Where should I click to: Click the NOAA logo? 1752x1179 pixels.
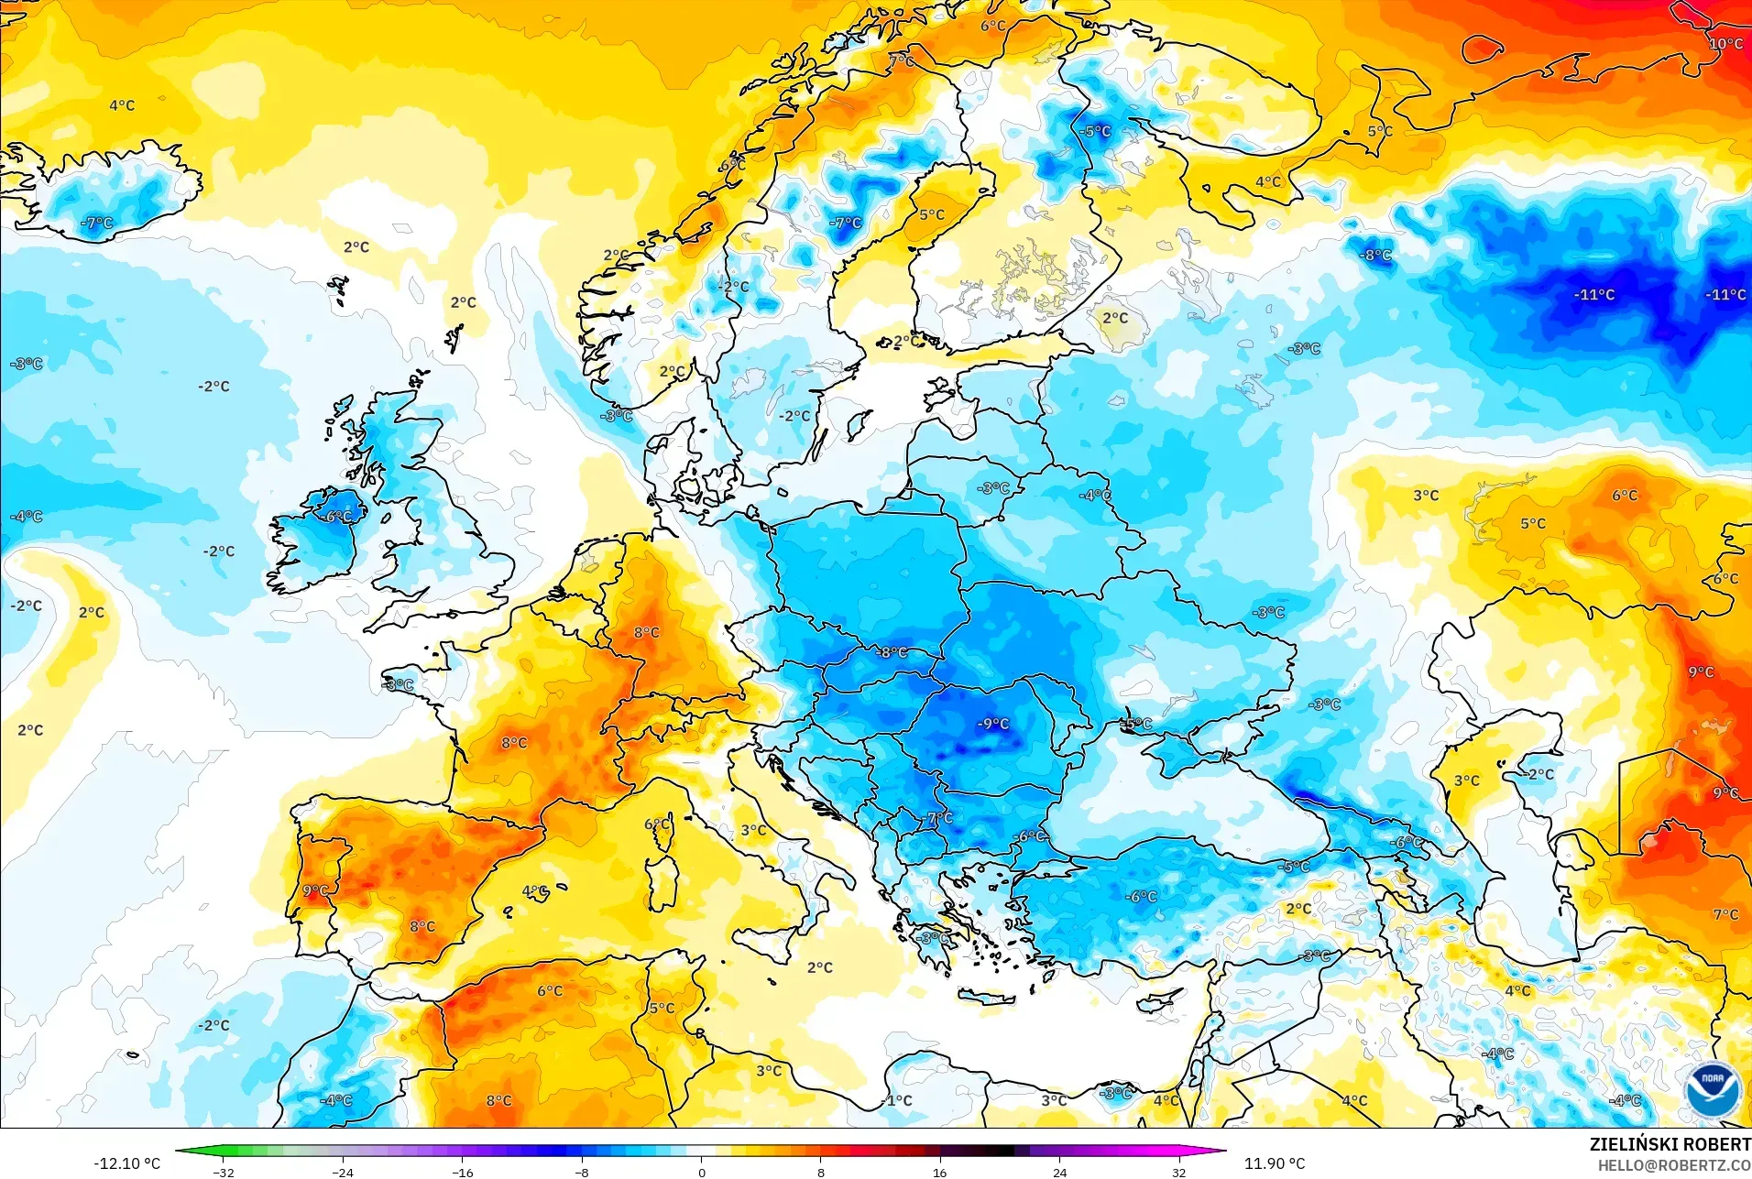pos(1712,1087)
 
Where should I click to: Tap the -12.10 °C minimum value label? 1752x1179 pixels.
pos(126,1163)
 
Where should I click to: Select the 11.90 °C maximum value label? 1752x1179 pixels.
pos(1274,1163)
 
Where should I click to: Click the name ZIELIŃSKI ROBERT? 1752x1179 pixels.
pos(1670,1144)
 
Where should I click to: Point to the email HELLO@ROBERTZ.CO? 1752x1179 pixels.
pos(1674,1165)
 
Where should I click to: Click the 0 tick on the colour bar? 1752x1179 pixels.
pos(701,1173)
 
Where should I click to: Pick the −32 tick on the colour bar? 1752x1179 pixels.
pos(224,1173)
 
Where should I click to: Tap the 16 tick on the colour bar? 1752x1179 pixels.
pos(939,1173)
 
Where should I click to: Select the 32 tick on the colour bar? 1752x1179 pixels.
pos(1178,1173)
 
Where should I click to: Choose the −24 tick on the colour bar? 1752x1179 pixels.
pos(343,1173)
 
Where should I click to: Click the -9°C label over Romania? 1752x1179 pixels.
pos(992,724)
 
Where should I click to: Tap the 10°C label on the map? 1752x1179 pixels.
pos(1725,44)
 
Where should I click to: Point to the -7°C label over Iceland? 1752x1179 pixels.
pos(97,223)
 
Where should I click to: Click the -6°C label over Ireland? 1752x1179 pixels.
pos(336,517)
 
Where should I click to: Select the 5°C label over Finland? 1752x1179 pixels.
pos(932,214)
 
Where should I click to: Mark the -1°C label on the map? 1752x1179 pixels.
pos(898,1100)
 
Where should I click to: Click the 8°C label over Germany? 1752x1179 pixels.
pos(646,632)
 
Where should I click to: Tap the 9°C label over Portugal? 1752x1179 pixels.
pos(315,890)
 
